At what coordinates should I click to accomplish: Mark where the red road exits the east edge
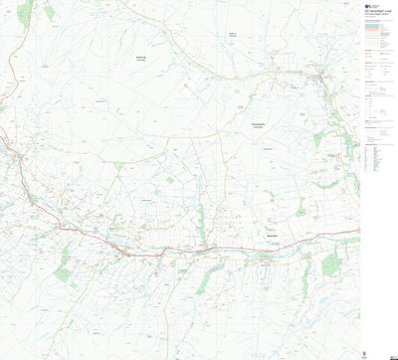358,232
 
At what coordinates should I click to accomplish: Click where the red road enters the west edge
2,149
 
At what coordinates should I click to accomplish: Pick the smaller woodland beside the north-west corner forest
48,13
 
